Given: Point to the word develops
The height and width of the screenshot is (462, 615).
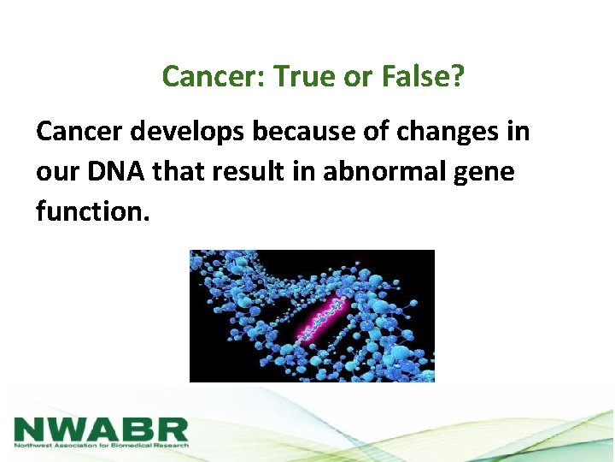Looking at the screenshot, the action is pyautogui.click(x=187, y=132).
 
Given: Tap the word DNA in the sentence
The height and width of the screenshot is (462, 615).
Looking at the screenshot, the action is pyautogui.click(x=115, y=172).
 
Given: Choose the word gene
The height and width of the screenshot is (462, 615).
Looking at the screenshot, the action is pyautogui.click(x=484, y=174).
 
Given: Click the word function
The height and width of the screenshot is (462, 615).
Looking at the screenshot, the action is pyautogui.click(x=93, y=210).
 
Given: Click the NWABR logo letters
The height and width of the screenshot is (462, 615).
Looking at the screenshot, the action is pyautogui.click(x=101, y=429).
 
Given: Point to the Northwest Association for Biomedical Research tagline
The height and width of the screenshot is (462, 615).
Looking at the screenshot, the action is pyautogui.click(x=101, y=446).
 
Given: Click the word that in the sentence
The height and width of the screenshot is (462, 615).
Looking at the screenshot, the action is pyautogui.click(x=178, y=171).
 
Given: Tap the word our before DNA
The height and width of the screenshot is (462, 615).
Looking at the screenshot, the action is pyautogui.click(x=58, y=173).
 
